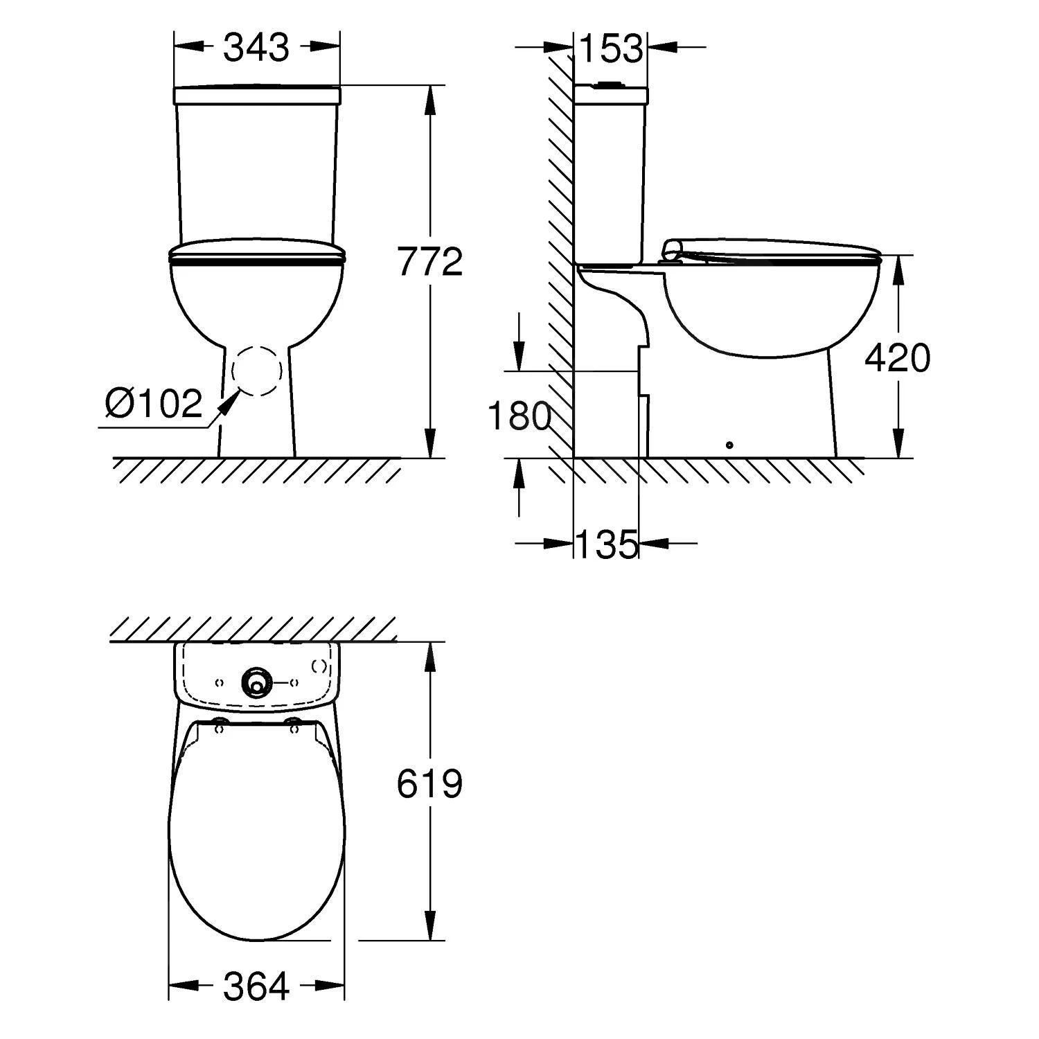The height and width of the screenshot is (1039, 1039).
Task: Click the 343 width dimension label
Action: click(256, 48)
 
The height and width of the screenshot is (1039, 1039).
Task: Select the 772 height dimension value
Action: click(430, 262)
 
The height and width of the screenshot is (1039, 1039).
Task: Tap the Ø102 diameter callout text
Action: click(153, 403)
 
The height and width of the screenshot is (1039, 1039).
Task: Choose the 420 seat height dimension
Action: click(898, 357)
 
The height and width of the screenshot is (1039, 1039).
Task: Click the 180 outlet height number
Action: click(519, 416)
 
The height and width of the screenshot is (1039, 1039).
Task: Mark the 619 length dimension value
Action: click(429, 785)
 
